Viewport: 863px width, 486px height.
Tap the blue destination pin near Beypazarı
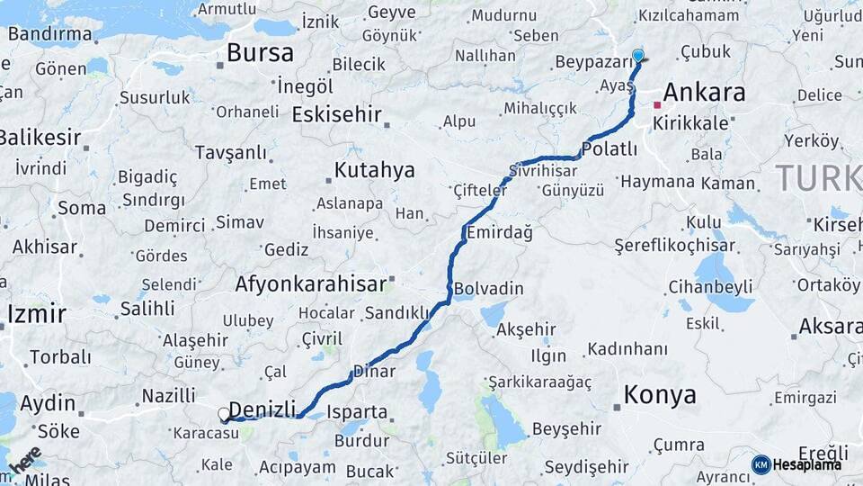point(638,56)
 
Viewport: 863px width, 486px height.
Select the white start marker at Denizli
point(224,414)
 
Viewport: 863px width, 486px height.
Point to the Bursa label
point(260,53)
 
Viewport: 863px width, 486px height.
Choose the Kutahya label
point(374,170)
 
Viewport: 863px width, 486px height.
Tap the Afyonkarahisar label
point(310,284)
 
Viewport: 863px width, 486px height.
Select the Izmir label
point(37,314)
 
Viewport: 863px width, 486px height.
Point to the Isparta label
point(357,413)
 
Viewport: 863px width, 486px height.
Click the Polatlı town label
point(609,148)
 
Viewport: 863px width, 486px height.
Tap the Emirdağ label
point(499,233)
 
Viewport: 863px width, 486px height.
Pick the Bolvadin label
point(489,289)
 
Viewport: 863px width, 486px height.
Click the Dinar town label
point(374,370)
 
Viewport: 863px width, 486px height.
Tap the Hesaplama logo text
point(808,464)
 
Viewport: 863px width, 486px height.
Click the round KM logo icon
point(761,464)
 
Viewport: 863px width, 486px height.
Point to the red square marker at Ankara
point(657,105)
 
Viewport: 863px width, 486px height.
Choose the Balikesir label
point(40,139)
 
